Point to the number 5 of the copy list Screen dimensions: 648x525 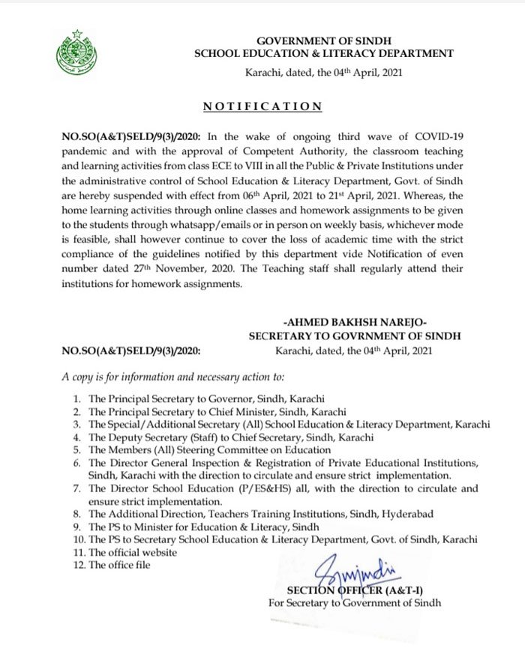(77, 449)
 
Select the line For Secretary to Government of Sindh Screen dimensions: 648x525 (355, 602)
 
